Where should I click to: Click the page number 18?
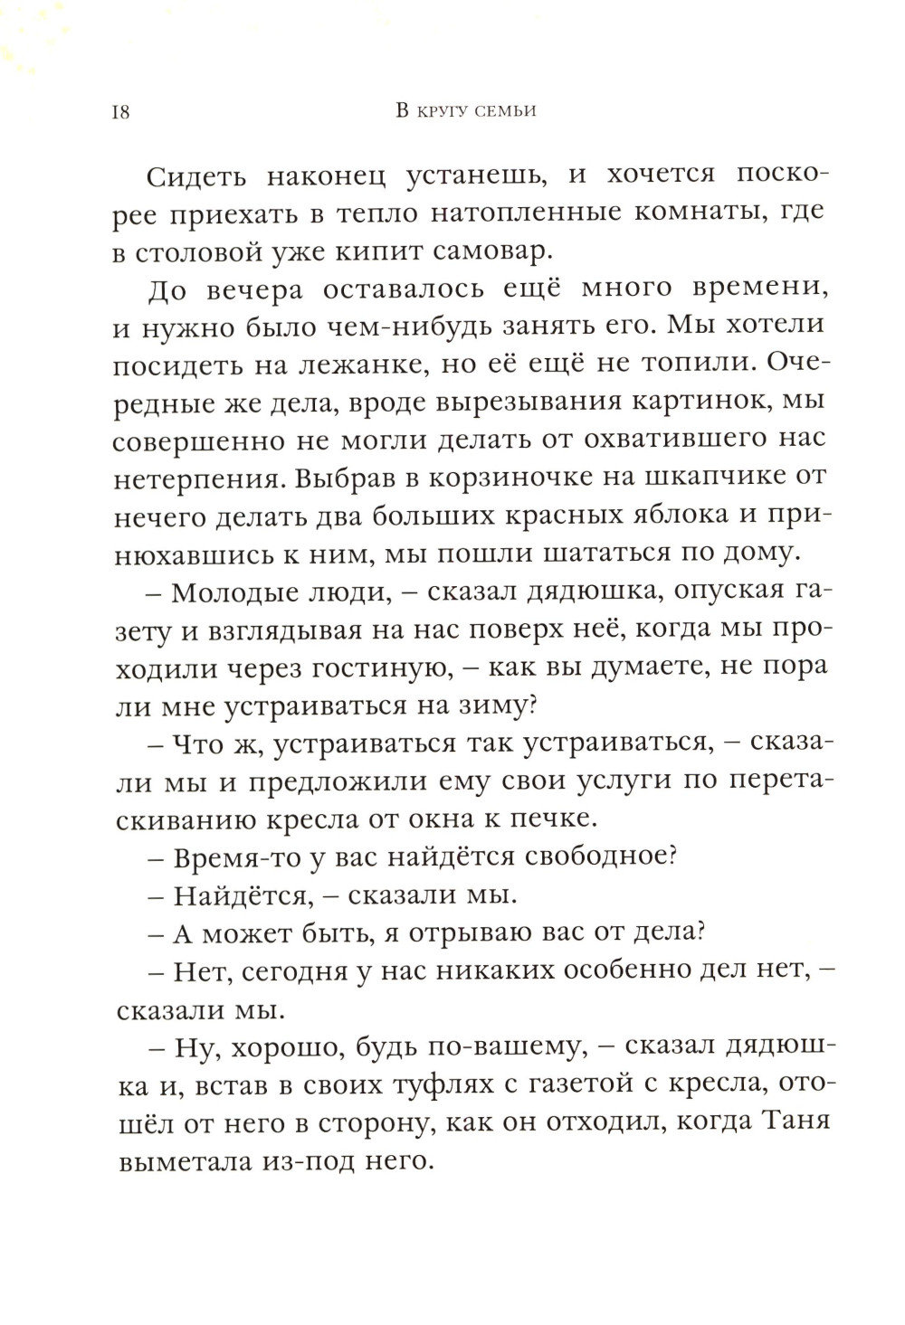click(120, 112)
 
